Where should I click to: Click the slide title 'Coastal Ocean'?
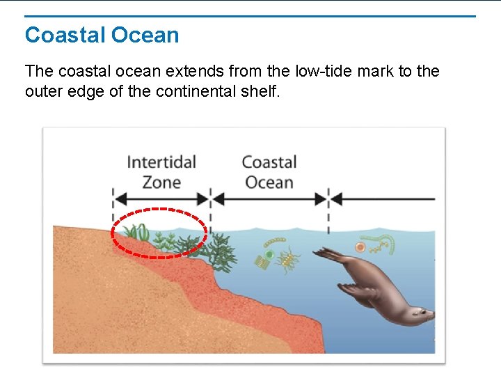[x=102, y=36]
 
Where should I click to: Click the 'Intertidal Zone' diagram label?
[x=161, y=172]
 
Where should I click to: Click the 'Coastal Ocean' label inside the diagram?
[x=269, y=172]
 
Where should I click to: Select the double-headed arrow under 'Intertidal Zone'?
[x=161, y=199]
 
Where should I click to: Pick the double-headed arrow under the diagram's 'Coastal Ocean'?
[x=269, y=199]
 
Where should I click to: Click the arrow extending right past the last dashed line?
[x=383, y=199]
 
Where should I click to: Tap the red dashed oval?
[x=159, y=210]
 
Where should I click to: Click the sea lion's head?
[x=420, y=314]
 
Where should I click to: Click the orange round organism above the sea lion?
[x=360, y=247]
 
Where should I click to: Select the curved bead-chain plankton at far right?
[x=384, y=243]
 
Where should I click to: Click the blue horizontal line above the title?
[x=250, y=16]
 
